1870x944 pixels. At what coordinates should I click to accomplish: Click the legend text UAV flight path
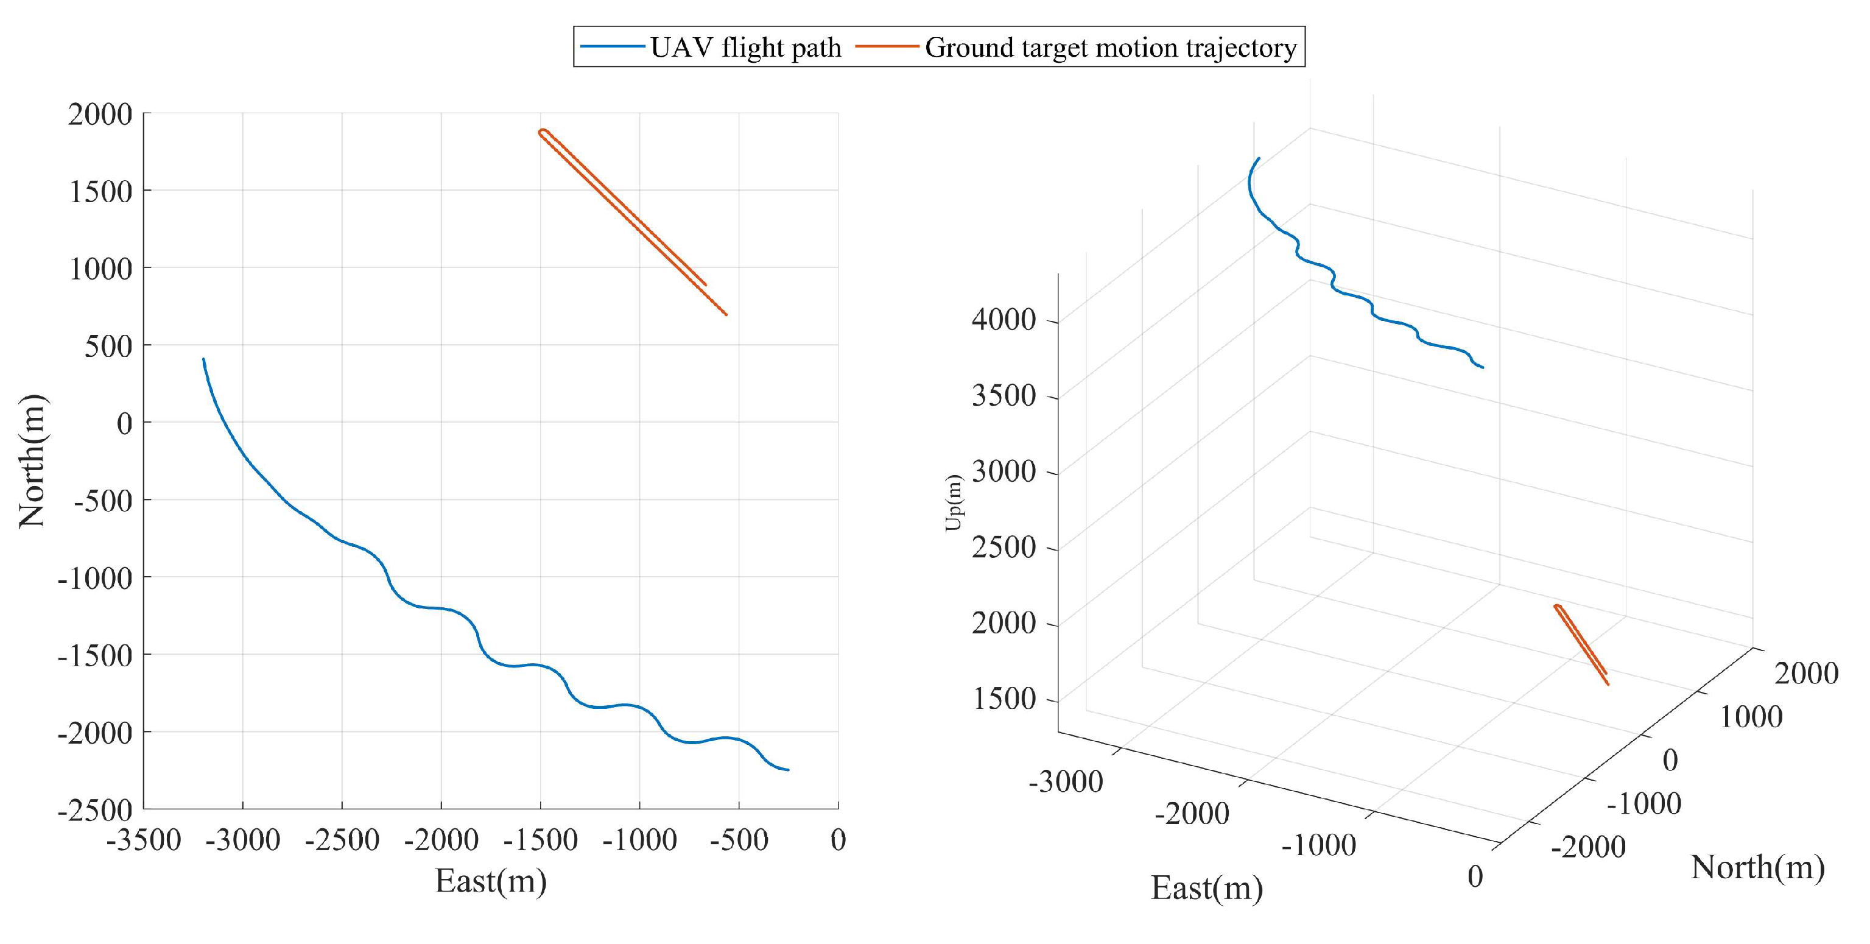pyautogui.click(x=745, y=48)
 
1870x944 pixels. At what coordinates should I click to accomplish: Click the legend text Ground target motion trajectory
pyautogui.click(x=1111, y=48)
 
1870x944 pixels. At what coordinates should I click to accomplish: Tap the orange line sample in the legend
pyautogui.click(x=887, y=46)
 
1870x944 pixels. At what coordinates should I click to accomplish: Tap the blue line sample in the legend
pyautogui.click(x=613, y=46)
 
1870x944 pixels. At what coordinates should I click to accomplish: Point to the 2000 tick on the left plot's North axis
pyautogui.click(x=100, y=114)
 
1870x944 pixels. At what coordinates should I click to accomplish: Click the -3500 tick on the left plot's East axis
pyautogui.click(x=143, y=840)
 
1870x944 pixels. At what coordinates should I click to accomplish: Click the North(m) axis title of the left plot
pyautogui.click(x=32, y=461)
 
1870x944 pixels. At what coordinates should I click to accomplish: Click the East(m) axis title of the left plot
pyautogui.click(x=491, y=881)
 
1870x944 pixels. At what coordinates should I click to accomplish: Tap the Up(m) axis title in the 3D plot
pyautogui.click(x=954, y=502)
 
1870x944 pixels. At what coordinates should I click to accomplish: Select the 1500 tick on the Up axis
pyautogui.click(x=1005, y=699)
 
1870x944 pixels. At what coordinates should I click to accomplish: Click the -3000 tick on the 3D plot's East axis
pyautogui.click(x=1066, y=782)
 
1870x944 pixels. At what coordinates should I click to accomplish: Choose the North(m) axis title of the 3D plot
pyautogui.click(x=1757, y=867)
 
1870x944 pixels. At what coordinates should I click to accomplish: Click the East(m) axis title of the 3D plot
pyautogui.click(x=1206, y=888)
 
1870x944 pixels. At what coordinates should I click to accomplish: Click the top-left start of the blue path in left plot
pyautogui.click(x=203, y=359)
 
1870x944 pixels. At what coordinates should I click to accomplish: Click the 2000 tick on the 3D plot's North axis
pyautogui.click(x=1806, y=673)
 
